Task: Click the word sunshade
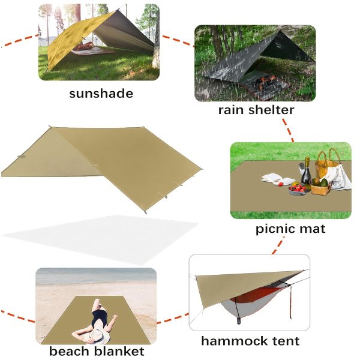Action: pyautogui.click(x=101, y=94)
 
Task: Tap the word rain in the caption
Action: pyautogui.click(x=231, y=110)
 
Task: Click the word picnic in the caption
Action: pyautogui.click(x=273, y=229)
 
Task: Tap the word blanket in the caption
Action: pyautogui.click(x=119, y=351)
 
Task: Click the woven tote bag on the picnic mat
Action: pyautogui.click(x=328, y=161)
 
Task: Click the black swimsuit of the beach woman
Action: pyautogui.click(x=100, y=317)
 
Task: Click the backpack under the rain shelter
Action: pyautogui.click(x=265, y=83)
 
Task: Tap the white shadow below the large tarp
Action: pyautogui.click(x=101, y=239)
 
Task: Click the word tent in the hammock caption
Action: pyautogui.click(x=286, y=341)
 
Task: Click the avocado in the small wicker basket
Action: pyautogui.click(x=324, y=183)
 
